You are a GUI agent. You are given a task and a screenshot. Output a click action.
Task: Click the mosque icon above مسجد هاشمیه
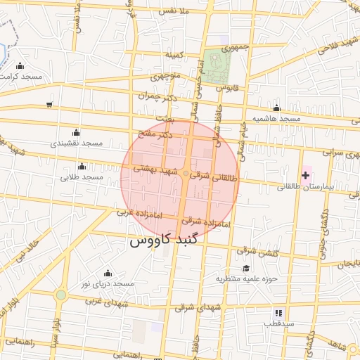(x=276, y=108)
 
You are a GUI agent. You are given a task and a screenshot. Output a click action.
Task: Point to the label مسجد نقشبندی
(x=76, y=143)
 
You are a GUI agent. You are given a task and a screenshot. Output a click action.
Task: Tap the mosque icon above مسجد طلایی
(x=82, y=167)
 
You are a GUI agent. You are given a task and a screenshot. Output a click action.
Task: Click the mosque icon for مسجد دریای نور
(x=108, y=273)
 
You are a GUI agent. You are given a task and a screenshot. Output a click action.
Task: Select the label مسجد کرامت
(x=22, y=75)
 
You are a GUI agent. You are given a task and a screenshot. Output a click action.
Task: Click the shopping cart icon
(x=49, y=105)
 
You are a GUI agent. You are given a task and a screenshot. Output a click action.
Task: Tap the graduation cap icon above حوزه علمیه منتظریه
(x=246, y=268)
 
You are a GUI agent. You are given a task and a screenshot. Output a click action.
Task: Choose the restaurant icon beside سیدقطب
(x=279, y=312)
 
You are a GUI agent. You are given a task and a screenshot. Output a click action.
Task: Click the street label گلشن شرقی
(x=257, y=251)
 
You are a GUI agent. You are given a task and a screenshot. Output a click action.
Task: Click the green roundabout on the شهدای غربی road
(x=62, y=295)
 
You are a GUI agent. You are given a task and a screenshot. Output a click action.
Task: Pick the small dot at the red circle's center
(x=186, y=173)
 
